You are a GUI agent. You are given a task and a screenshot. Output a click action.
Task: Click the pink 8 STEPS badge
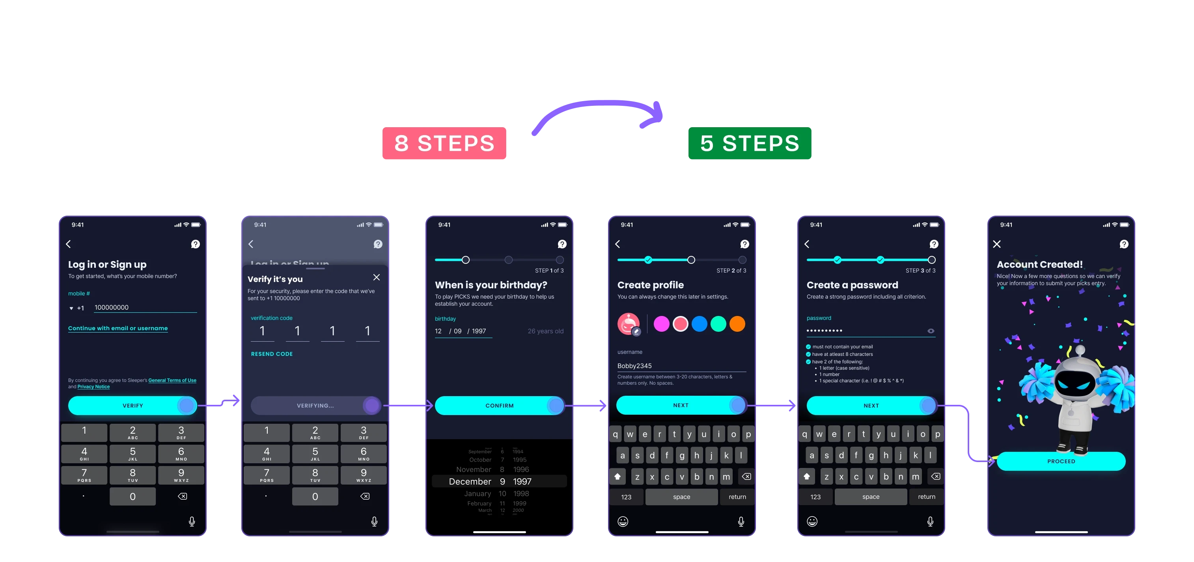coord(444,143)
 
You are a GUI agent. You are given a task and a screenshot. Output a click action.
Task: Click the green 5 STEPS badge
coord(750,143)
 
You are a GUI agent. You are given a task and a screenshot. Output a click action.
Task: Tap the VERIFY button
coord(132,406)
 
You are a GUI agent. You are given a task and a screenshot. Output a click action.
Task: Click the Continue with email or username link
coord(118,328)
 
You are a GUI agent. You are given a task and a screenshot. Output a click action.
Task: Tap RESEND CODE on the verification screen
coord(272,354)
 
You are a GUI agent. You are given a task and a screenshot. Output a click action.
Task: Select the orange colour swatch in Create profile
coord(737,324)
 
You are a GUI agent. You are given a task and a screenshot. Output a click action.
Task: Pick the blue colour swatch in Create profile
coord(699,324)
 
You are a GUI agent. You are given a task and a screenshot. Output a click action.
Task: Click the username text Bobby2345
coord(634,366)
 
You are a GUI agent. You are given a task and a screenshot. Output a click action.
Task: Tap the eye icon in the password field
coord(931,331)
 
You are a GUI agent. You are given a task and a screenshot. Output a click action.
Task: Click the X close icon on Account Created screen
coord(997,244)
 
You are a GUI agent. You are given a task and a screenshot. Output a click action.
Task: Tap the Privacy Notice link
coord(93,387)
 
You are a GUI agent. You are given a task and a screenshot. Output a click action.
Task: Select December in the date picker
coord(470,482)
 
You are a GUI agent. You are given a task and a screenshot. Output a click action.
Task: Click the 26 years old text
coord(546,331)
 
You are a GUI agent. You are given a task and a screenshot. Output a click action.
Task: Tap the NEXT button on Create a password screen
coord(871,406)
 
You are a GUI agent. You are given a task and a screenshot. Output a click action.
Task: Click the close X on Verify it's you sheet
coord(376,277)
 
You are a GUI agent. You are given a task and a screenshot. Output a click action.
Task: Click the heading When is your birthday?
coord(491,285)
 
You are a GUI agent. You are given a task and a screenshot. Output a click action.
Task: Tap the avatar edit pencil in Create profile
coord(636,332)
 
